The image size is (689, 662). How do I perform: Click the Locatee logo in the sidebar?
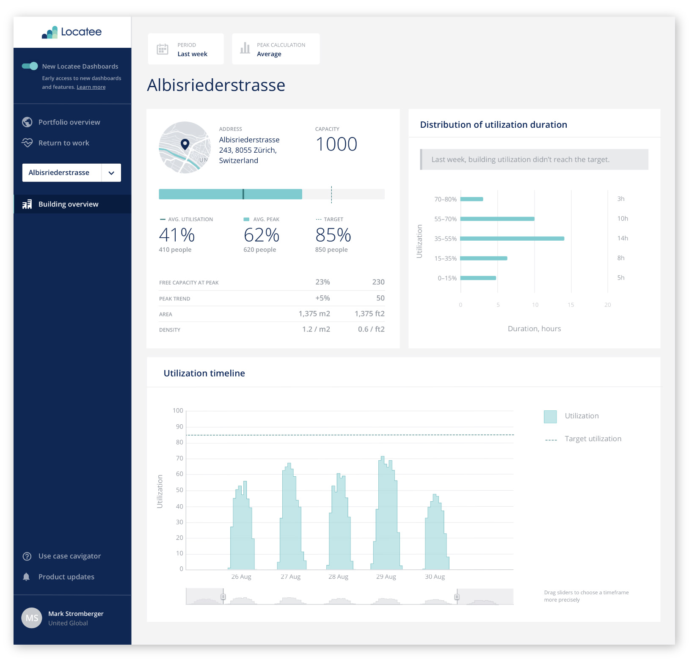(x=72, y=32)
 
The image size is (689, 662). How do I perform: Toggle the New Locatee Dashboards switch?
(x=30, y=66)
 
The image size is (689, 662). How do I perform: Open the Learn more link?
(x=91, y=87)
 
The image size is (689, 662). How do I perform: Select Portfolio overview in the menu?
(x=69, y=122)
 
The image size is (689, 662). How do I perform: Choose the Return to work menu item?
(x=63, y=143)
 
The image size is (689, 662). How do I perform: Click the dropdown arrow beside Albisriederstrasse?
(x=111, y=173)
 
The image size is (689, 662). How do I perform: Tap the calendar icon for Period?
(x=163, y=49)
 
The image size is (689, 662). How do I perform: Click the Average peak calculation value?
(x=269, y=54)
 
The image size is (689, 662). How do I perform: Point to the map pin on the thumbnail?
(x=185, y=144)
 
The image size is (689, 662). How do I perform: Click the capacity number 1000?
(x=336, y=144)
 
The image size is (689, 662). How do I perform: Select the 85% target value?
(x=333, y=235)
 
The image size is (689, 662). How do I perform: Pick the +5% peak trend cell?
(x=322, y=298)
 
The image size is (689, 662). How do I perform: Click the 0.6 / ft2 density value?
(x=371, y=329)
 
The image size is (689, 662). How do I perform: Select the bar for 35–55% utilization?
(x=512, y=239)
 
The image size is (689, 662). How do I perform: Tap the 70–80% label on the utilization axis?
(x=445, y=199)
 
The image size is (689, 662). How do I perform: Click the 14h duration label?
(x=623, y=238)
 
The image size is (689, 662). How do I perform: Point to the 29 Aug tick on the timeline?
(x=386, y=577)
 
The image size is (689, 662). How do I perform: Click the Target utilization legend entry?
(x=593, y=439)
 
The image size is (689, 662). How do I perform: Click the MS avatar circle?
(x=32, y=618)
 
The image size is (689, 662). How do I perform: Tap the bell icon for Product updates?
(x=26, y=577)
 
